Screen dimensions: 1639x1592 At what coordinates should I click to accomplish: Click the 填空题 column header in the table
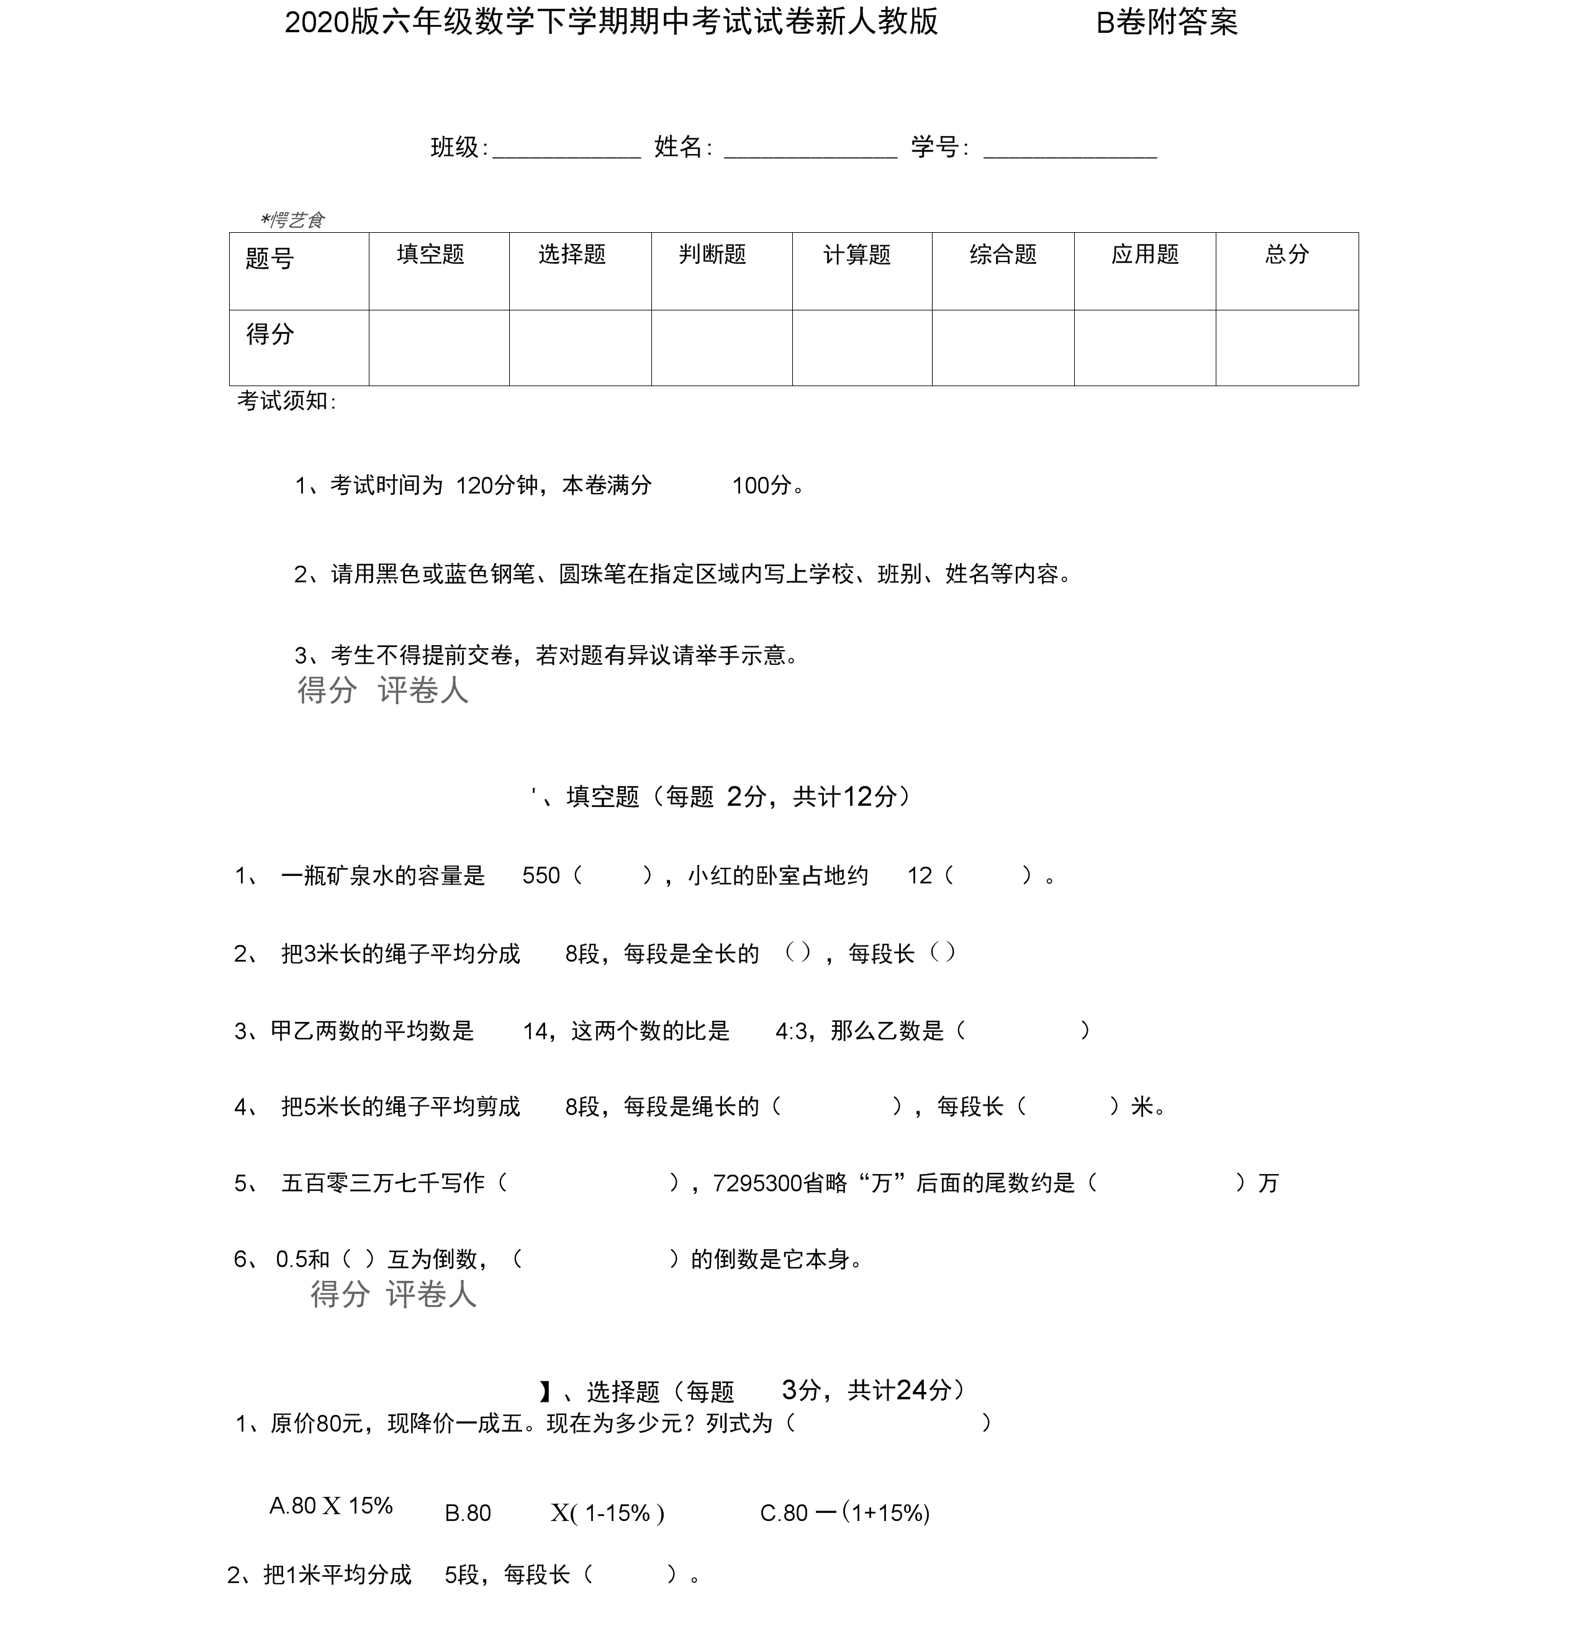click(431, 254)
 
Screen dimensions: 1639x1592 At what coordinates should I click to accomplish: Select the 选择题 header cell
click(572, 254)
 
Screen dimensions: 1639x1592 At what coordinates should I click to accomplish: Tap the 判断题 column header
click(712, 254)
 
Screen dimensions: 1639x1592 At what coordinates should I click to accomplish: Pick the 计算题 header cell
click(857, 254)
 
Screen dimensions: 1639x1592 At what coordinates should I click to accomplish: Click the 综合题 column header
click(1003, 254)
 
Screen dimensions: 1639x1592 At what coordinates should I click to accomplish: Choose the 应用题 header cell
click(1145, 254)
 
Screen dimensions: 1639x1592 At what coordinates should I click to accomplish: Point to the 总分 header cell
click(1287, 254)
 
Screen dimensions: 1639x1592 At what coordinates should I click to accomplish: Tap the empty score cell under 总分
click(1287, 348)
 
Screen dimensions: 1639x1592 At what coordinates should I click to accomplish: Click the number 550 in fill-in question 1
click(541, 875)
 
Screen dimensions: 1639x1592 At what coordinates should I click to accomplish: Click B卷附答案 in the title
click(1167, 22)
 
